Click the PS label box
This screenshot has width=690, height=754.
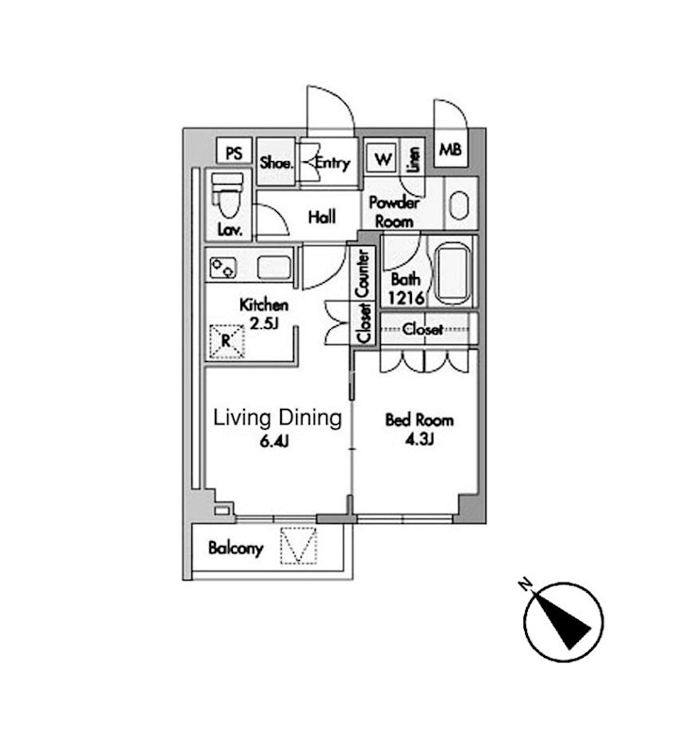(234, 152)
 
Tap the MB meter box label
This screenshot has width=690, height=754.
(451, 150)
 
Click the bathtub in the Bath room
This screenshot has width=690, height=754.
(452, 273)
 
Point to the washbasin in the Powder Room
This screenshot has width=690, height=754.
(459, 205)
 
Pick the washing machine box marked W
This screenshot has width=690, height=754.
(382, 158)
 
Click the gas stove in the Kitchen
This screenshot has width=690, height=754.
(223, 268)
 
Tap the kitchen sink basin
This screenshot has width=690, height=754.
(274, 268)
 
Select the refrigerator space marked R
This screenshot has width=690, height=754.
(227, 341)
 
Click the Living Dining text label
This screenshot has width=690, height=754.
(277, 418)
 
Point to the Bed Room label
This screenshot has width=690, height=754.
(419, 419)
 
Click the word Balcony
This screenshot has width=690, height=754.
(236, 549)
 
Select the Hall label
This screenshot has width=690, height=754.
(321, 217)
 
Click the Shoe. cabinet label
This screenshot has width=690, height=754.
(275, 162)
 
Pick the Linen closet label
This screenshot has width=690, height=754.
(413, 159)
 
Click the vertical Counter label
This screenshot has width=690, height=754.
(363, 273)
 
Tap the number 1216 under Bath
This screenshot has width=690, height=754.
(406, 299)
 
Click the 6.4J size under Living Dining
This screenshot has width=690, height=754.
(274, 441)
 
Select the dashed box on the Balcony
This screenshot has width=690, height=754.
(299, 546)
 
